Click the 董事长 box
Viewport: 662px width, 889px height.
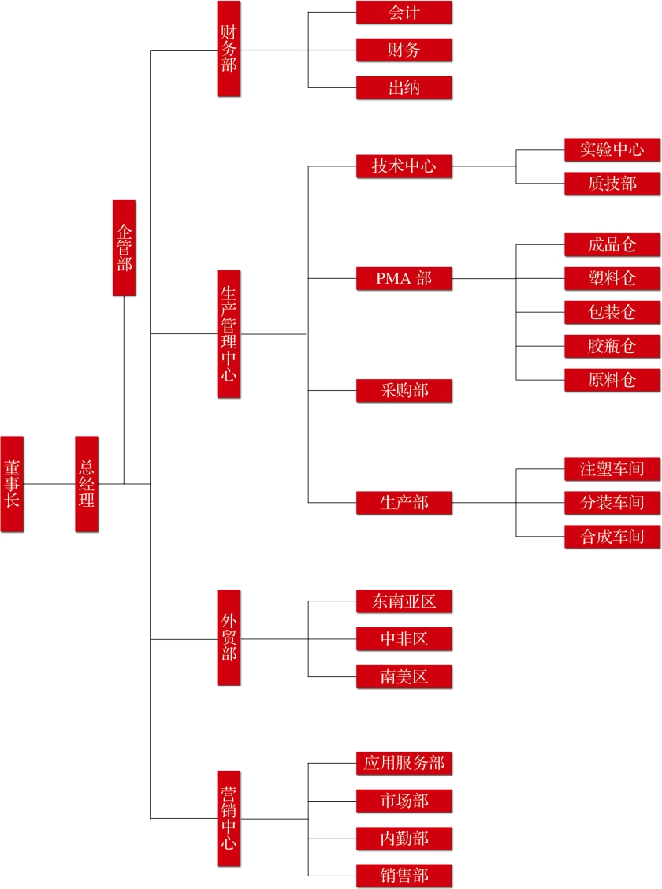(x=12, y=483)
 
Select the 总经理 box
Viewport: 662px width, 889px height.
(x=87, y=483)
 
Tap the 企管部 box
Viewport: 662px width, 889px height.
(x=124, y=247)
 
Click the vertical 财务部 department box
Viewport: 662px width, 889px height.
(x=229, y=49)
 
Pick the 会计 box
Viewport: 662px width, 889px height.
(x=404, y=13)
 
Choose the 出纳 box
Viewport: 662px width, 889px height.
(x=404, y=87)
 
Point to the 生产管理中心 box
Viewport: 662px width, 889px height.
(x=229, y=334)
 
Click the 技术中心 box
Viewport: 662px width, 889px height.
(x=404, y=166)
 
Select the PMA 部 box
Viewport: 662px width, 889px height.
(x=404, y=278)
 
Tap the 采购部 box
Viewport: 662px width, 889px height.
(x=404, y=390)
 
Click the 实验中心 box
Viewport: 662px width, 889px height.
(x=612, y=150)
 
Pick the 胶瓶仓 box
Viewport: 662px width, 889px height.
(x=612, y=346)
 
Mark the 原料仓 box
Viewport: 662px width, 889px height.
(x=612, y=380)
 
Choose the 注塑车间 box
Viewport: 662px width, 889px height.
(x=612, y=469)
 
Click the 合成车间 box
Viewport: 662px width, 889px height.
(x=612, y=537)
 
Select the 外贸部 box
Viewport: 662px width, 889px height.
(x=229, y=638)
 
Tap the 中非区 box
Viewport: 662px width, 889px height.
(x=404, y=638)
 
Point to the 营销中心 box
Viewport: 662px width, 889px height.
(x=229, y=818)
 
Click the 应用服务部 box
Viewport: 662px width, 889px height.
(x=404, y=763)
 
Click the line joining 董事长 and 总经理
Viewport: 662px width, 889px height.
(x=49, y=483)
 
